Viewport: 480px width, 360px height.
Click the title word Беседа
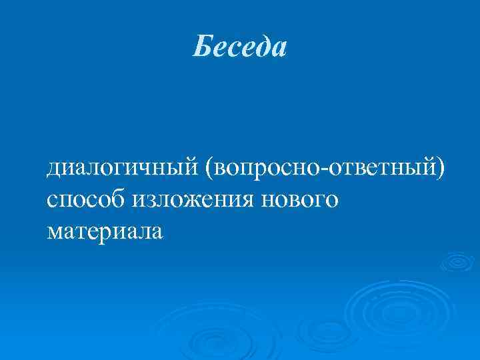point(240,47)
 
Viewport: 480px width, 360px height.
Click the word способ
point(86,198)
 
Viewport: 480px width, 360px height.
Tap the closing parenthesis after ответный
point(439,165)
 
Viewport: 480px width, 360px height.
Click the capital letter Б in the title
point(201,47)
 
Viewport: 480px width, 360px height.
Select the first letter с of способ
point(53,199)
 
